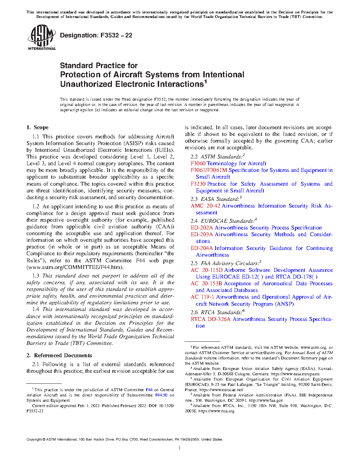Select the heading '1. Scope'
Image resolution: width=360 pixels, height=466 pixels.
tap(37, 127)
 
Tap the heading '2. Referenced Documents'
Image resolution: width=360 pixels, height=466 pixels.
tap(59, 356)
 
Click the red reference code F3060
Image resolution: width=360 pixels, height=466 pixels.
tap(198, 163)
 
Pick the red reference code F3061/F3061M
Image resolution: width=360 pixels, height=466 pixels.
tap(209, 170)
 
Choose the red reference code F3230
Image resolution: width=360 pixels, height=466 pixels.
tap(198, 184)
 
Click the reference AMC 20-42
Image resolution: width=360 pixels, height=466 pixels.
tap(205, 206)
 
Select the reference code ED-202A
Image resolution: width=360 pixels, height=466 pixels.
tap(202, 228)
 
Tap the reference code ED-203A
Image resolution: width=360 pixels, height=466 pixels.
tap(202, 234)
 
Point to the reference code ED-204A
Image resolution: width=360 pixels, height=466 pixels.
tap(202, 248)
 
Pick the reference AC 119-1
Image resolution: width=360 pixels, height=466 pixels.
tap(202, 297)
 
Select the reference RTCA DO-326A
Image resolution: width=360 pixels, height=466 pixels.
tap(210, 319)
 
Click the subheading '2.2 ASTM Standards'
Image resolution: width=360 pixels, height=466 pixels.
tap(217, 157)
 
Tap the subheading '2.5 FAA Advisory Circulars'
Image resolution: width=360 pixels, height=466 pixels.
tap(226, 263)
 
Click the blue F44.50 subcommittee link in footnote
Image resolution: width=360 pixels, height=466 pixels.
tap(161, 395)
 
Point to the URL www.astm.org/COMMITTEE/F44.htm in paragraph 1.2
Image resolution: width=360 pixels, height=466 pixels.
tap(75, 267)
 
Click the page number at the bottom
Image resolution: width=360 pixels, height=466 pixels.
tap(180, 448)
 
